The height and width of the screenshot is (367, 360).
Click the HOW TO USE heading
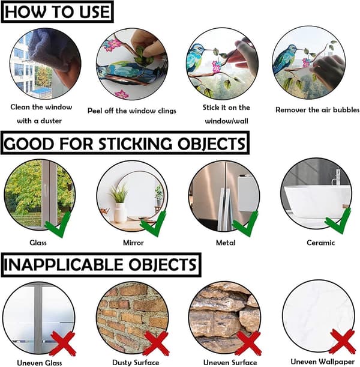(x=57, y=11)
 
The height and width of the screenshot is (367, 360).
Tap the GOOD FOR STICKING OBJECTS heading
(x=125, y=143)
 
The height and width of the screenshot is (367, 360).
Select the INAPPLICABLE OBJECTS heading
(x=101, y=265)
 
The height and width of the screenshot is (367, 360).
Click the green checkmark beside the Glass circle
(x=58, y=225)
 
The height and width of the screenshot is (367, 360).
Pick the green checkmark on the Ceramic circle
(x=338, y=220)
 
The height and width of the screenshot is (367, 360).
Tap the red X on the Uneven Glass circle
(x=63, y=344)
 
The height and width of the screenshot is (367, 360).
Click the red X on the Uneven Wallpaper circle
(x=343, y=341)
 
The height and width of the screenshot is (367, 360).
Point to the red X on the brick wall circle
(x=156, y=344)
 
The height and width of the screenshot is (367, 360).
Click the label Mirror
(x=133, y=243)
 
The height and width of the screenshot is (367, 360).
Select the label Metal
(x=226, y=243)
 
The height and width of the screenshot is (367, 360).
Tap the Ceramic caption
(x=321, y=243)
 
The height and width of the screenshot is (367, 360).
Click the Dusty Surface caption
(x=136, y=363)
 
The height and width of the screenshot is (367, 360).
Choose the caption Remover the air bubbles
(x=317, y=110)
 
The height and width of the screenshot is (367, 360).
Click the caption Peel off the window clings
(x=132, y=111)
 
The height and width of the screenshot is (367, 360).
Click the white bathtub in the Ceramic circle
(x=317, y=202)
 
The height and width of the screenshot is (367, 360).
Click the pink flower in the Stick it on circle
(x=217, y=66)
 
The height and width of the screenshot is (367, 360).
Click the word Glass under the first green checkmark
(x=38, y=243)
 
